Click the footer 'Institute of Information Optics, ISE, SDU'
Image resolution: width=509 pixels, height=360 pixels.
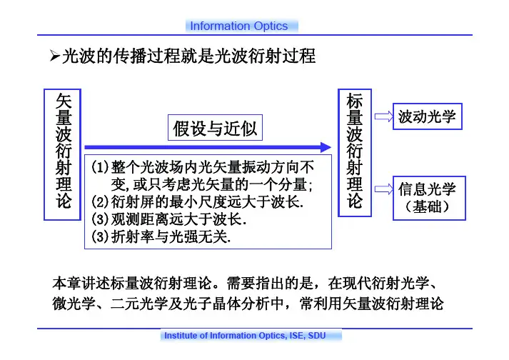pos(245,336)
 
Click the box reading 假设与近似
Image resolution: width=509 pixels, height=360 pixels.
pos(215,129)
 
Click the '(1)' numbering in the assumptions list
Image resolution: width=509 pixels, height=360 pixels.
pos(100,169)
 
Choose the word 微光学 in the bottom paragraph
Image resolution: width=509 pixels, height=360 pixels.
pos(76,304)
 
